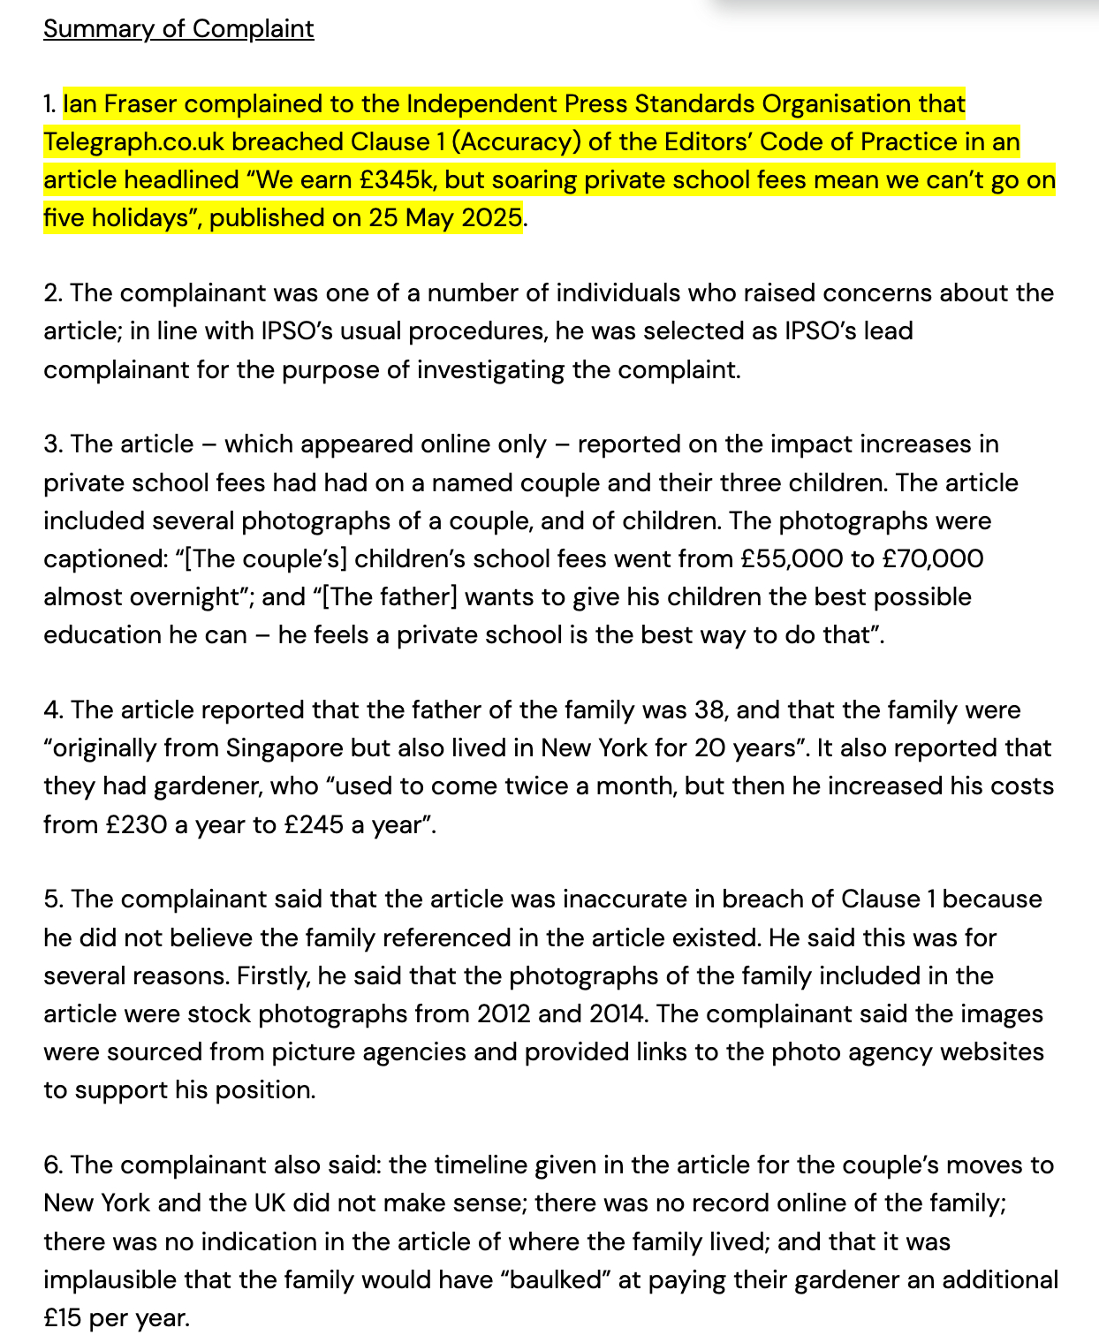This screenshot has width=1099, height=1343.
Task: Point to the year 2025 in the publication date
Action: pos(490,218)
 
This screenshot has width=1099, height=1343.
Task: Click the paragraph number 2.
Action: pos(52,293)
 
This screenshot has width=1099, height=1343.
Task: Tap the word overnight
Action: pos(186,597)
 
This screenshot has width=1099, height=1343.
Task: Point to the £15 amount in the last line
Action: pos(63,1318)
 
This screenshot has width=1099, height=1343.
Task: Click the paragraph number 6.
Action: pos(53,1165)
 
